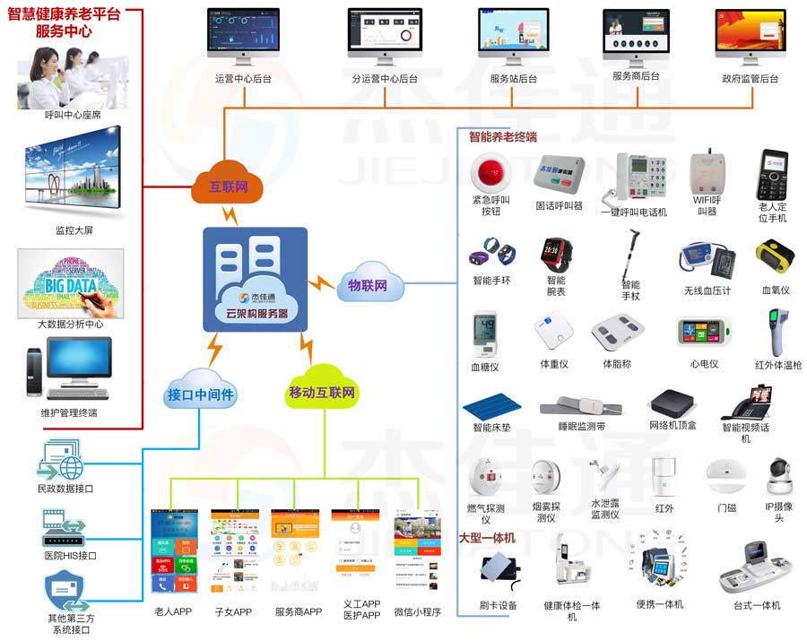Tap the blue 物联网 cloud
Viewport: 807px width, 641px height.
point(368,285)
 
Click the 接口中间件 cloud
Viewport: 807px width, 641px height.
point(201,392)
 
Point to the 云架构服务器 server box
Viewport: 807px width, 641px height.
point(255,278)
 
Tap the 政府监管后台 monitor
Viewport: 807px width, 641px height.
point(750,39)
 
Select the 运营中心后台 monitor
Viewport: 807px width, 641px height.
point(243,39)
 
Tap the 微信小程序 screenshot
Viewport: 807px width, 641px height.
point(418,556)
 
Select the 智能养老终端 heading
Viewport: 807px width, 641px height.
point(502,137)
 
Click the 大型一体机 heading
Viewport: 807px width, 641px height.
point(487,538)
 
